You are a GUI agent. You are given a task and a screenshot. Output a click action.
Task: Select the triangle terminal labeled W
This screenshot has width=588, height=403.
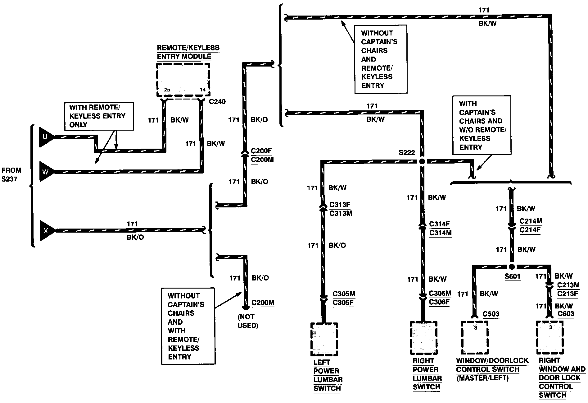[x=46, y=171]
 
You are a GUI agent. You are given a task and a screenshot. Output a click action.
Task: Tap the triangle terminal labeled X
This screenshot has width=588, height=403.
[x=47, y=230]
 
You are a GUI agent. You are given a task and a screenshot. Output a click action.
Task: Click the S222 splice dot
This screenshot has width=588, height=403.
[x=422, y=161]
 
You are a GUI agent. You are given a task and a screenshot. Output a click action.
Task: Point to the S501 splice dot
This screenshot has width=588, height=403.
[x=512, y=267]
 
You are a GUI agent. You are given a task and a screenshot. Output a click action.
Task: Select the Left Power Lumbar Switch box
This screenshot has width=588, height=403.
[x=324, y=340]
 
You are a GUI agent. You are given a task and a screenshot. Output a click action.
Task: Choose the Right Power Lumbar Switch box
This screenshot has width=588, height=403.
[x=423, y=338]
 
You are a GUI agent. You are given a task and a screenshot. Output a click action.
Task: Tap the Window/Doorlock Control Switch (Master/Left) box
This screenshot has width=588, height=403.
[x=475, y=338]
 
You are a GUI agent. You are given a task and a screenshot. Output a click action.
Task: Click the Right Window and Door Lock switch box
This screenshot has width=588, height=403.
[x=550, y=338]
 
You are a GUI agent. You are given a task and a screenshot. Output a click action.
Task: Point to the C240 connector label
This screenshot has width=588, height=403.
[x=217, y=102]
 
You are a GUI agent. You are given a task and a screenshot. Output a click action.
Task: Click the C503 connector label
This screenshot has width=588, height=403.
[x=491, y=314]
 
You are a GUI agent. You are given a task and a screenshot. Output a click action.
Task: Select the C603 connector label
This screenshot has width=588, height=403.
[x=566, y=314]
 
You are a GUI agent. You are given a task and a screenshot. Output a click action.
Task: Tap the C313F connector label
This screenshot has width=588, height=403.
[x=340, y=205]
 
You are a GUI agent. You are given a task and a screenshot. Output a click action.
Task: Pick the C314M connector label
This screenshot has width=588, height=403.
[x=440, y=233]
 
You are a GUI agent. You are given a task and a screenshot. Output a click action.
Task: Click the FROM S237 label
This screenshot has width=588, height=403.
[x=11, y=175]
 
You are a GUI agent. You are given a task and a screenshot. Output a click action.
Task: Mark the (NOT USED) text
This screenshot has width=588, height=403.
[x=248, y=321]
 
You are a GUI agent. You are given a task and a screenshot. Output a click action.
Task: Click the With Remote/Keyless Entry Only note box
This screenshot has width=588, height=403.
[x=99, y=116]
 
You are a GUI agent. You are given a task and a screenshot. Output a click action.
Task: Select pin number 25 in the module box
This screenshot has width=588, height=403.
[x=167, y=90]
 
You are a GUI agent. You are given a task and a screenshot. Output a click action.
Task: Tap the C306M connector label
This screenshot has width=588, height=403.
[x=440, y=294]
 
